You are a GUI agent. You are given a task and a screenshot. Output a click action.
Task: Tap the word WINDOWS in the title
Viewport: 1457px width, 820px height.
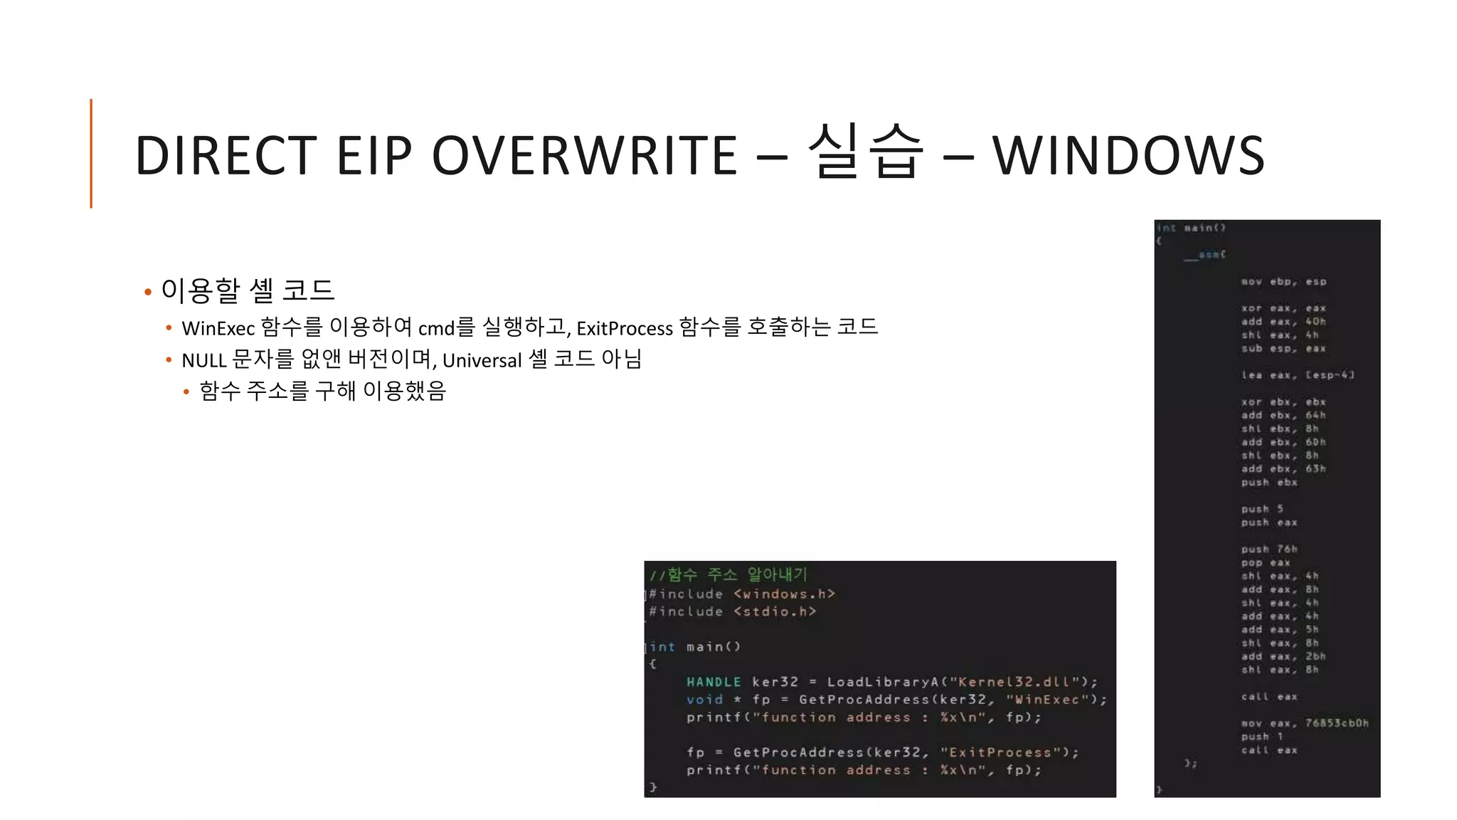pyautogui.click(x=1128, y=156)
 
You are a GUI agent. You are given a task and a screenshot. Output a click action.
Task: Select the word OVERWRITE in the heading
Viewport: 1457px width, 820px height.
pyautogui.click(x=584, y=156)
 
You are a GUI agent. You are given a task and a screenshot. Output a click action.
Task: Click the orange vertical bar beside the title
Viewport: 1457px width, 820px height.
pyautogui.click(x=91, y=153)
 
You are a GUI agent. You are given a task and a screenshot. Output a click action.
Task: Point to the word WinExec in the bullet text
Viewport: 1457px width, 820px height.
pyautogui.click(x=218, y=328)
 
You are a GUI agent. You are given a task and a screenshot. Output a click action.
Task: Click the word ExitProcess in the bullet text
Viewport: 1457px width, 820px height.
pyautogui.click(x=624, y=328)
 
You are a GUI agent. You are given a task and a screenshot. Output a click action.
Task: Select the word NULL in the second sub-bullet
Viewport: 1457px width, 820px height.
pyautogui.click(x=203, y=360)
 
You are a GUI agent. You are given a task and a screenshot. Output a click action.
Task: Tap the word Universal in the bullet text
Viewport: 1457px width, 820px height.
pyautogui.click(x=482, y=360)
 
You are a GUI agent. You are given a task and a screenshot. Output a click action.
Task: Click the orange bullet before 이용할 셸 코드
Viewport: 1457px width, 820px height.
pyautogui.click(x=148, y=292)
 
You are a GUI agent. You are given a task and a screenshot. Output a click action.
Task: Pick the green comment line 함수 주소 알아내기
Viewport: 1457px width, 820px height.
pyautogui.click(x=728, y=574)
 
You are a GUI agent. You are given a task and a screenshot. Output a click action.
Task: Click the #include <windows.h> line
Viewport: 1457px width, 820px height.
pyautogui.click(x=741, y=594)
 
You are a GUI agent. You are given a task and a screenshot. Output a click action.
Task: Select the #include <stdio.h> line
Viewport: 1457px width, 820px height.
pyautogui.click(x=732, y=611)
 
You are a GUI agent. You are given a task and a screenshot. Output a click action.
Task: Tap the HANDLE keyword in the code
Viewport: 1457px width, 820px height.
pyautogui.click(x=714, y=682)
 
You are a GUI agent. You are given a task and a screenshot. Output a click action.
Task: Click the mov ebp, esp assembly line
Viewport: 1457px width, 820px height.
pyautogui.click(x=1283, y=282)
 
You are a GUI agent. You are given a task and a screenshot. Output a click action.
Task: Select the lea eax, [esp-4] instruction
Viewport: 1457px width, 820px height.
pyautogui.click(x=1298, y=375)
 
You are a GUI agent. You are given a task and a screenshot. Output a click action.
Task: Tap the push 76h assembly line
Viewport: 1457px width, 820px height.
pyautogui.click(x=1269, y=549)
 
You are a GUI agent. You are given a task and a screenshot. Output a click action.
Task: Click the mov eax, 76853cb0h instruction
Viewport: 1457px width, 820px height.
pyautogui.click(x=1304, y=723)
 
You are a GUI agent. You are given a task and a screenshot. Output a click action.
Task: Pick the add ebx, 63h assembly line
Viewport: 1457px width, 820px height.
pyautogui.click(x=1283, y=469)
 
